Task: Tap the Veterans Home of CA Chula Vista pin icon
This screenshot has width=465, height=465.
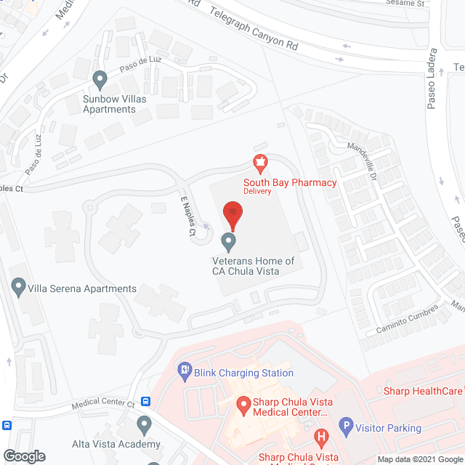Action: pos(228,240)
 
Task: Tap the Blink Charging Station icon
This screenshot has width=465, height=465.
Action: pos(185,373)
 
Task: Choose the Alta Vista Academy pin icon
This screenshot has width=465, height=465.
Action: pos(144,424)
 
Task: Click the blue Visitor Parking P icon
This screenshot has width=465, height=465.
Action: pos(348,428)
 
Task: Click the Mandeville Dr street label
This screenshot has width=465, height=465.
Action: pos(363,161)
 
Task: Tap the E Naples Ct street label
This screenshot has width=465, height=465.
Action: pos(187,215)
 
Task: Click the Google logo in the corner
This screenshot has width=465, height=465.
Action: pos(23,456)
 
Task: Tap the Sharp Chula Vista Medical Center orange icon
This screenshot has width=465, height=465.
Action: pos(243,403)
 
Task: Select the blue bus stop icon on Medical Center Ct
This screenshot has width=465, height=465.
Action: pos(146,400)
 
